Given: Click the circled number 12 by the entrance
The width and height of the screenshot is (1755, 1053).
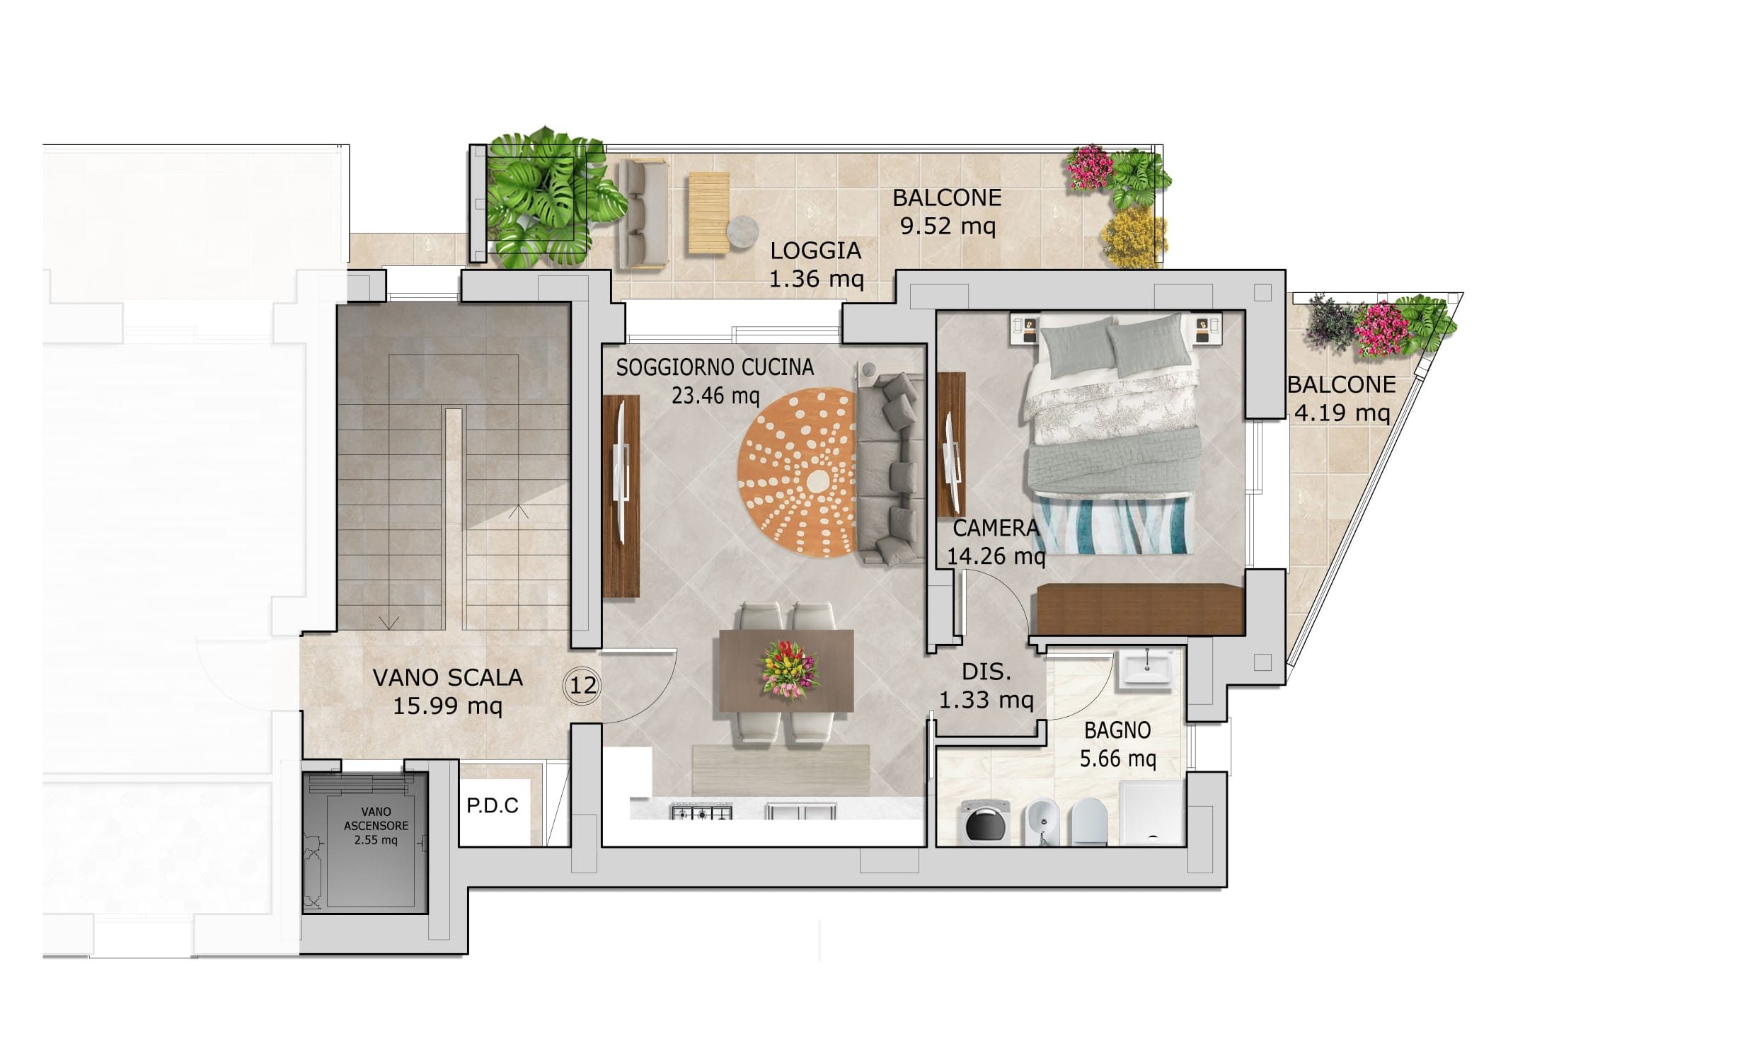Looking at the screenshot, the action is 582,686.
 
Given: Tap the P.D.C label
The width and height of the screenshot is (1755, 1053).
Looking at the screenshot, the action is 493,805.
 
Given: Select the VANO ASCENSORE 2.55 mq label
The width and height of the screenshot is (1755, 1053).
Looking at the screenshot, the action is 376,825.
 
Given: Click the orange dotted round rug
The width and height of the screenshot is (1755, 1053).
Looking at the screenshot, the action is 797,473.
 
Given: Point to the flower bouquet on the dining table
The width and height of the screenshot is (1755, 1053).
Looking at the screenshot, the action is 788,669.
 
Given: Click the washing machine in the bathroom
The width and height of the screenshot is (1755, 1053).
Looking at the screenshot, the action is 984,822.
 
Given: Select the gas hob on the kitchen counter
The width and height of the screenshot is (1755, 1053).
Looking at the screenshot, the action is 701,812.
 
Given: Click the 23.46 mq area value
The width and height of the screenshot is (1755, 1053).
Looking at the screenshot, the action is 715,396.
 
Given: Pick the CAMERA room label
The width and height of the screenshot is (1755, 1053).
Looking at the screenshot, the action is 995,528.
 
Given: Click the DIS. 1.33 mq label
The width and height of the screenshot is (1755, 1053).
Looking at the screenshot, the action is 986,686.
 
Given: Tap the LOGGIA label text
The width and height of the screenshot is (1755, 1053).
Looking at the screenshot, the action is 816,251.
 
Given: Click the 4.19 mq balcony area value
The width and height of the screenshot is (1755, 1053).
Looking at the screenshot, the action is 1342,413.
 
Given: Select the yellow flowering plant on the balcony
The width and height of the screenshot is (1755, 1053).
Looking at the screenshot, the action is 1134,237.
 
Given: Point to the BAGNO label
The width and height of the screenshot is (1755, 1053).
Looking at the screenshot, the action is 1117,730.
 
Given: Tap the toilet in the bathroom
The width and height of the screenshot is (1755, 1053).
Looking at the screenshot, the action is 1089,822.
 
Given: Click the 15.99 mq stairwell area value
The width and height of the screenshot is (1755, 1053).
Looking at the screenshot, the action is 448,706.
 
